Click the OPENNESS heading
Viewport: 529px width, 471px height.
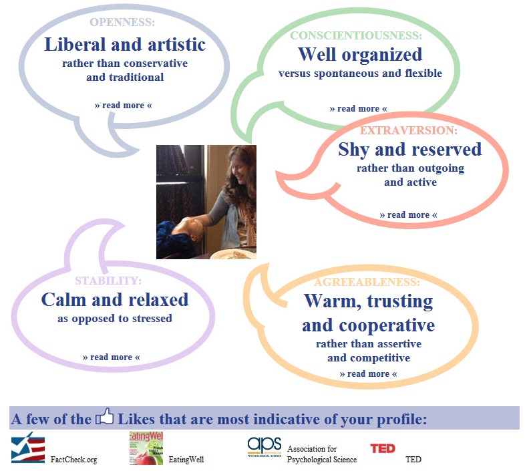[122, 22]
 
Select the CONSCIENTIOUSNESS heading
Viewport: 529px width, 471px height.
[356, 35]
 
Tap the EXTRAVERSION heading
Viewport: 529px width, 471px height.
[409, 130]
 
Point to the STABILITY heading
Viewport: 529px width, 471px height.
[108, 281]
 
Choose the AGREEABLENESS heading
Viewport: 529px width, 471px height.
[367, 282]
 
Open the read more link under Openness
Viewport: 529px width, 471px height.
[123, 106]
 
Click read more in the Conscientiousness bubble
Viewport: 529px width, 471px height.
[358, 109]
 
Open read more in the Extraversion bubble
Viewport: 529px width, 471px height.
[408, 215]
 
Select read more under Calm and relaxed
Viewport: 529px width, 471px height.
[111, 357]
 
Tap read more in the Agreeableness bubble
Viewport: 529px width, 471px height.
[368, 374]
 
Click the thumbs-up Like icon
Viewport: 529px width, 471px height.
[105, 417]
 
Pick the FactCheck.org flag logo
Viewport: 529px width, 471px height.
[27, 448]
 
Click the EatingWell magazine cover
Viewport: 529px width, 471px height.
[146, 448]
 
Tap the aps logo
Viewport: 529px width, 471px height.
[264, 447]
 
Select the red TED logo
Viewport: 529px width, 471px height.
[383, 448]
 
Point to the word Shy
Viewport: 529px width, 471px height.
[353, 150]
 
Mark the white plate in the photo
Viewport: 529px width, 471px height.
[233, 255]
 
